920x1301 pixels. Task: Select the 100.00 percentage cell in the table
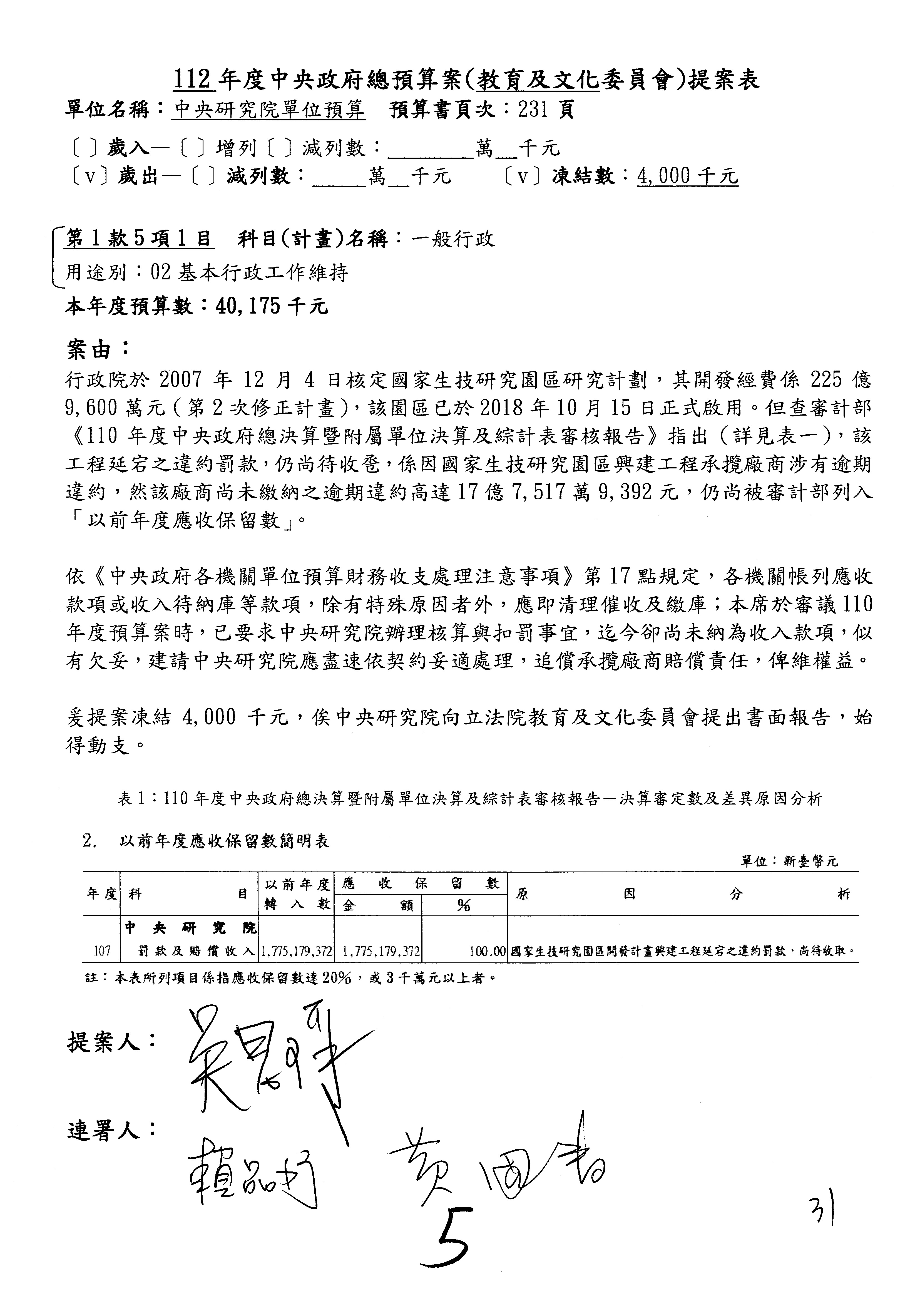486,950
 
